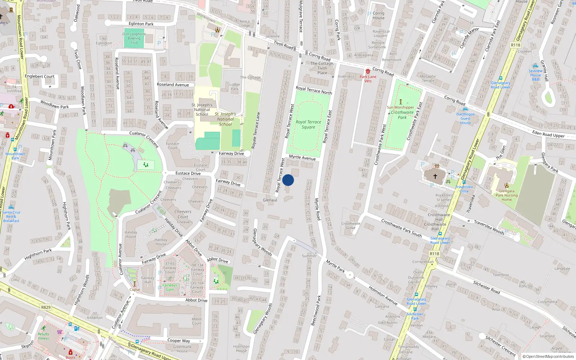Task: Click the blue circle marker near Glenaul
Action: click(288, 180)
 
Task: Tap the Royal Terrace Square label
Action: click(309, 125)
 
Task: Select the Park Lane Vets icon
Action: click(368, 72)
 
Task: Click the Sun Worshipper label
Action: click(400, 107)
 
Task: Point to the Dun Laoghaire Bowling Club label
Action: click(134, 38)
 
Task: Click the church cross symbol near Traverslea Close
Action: click(435, 176)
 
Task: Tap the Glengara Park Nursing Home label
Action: click(507, 195)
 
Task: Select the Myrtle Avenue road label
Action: click(302, 158)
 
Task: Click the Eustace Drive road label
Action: click(188, 173)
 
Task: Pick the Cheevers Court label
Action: click(183, 214)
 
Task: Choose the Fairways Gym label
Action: click(170, 287)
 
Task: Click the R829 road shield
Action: click(46, 307)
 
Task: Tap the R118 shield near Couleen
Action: click(516, 45)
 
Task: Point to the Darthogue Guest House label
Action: click(465, 118)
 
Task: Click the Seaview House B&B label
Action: click(536, 75)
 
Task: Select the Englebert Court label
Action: click(40, 76)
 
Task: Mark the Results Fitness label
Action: click(43, 336)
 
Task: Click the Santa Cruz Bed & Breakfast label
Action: click(11, 216)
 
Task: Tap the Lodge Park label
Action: click(234, 87)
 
